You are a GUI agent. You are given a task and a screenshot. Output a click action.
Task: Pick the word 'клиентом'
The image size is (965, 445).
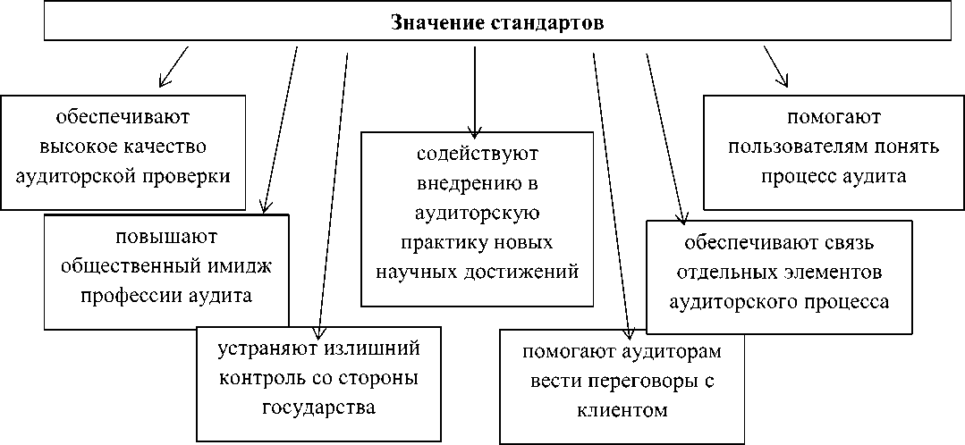622,411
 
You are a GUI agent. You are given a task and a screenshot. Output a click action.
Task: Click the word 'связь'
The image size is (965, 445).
848,243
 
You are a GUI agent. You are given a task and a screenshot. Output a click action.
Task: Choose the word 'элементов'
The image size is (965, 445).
832,272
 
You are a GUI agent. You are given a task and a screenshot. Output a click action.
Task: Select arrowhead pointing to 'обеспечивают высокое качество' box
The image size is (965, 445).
164,81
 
